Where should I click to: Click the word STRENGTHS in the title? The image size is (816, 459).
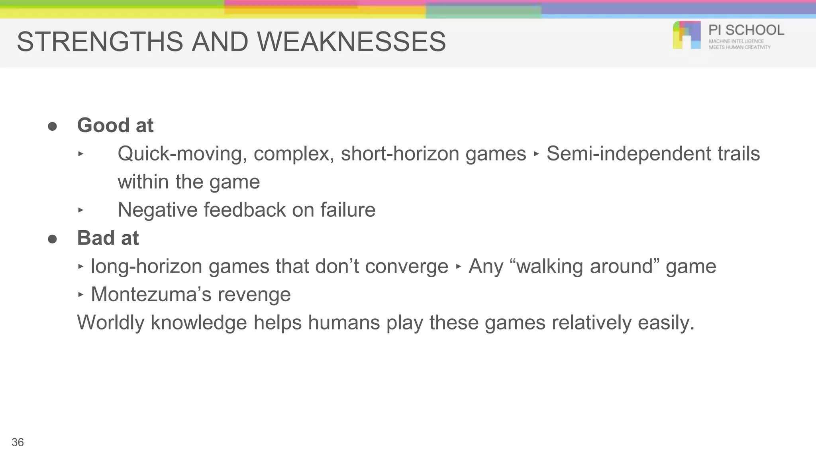(100, 42)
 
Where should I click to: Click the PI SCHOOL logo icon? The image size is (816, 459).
(687, 35)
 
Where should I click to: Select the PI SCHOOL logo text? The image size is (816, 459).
(746, 30)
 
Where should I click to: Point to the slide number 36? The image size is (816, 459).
(18, 442)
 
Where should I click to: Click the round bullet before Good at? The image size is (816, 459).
(52, 127)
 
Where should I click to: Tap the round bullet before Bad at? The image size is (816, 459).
(52, 239)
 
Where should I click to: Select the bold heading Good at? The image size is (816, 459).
(115, 126)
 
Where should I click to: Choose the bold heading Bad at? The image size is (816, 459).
(108, 238)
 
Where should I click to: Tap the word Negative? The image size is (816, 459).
(157, 210)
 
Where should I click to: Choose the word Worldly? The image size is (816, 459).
(110, 323)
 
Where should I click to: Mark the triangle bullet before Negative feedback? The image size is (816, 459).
(81, 210)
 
